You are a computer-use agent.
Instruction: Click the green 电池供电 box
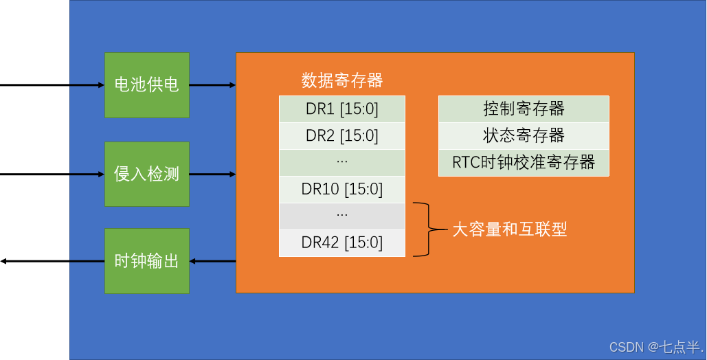(x=146, y=85)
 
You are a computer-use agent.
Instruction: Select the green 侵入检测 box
(x=146, y=174)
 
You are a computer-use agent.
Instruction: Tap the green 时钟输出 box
(x=146, y=261)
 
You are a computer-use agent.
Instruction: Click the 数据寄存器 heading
(x=341, y=80)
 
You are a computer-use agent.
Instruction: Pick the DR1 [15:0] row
(x=341, y=109)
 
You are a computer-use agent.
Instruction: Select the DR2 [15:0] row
(x=341, y=135)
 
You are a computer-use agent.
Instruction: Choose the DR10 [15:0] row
(x=341, y=189)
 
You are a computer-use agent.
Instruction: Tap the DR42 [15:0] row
(x=341, y=243)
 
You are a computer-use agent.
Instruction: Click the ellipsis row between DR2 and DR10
(x=341, y=162)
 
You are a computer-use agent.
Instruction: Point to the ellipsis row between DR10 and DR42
(x=341, y=216)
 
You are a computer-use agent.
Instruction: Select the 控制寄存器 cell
(x=524, y=109)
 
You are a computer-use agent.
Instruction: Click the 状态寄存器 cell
(x=524, y=135)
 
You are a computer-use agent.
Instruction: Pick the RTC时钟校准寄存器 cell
(x=524, y=163)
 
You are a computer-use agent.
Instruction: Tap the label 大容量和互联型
(x=509, y=229)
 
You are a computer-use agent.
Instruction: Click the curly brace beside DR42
(x=427, y=229)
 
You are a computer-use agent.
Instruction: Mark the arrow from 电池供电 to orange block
(x=212, y=85)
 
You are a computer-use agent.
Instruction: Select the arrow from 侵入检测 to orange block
(x=212, y=175)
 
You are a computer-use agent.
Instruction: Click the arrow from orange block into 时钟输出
(x=212, y=261)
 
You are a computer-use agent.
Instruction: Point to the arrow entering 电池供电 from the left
(x=87, y=85)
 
